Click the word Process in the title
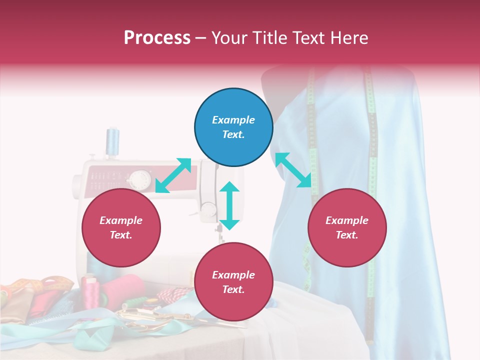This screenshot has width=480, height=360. point(157,38)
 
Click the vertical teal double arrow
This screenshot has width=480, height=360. point(229,205)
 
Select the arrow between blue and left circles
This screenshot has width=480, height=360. point(173,175)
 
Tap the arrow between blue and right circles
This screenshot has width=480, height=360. point(293,170)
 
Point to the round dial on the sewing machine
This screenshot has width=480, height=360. point(140,178)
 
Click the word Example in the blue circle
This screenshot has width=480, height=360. point(233,120)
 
